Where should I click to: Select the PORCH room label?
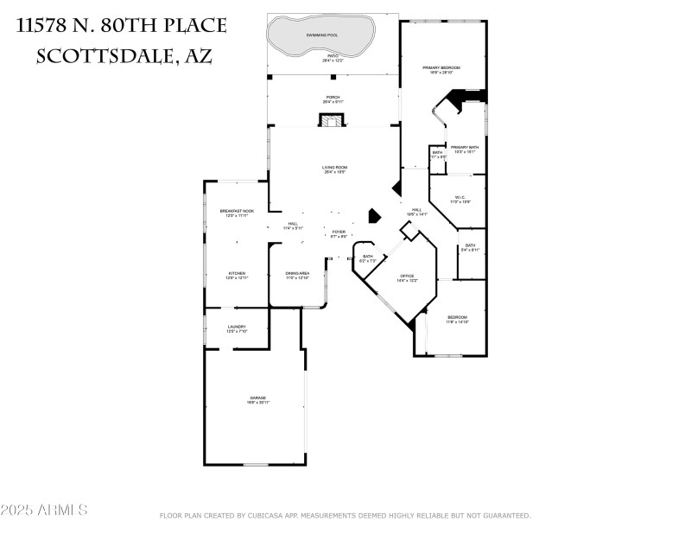[x=332, y=98]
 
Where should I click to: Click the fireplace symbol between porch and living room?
[x=332, y=121]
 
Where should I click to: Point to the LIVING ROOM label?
[x=334, y=168]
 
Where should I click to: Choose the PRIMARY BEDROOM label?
[x=441, y=68]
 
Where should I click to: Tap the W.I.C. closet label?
[x=460, y=198]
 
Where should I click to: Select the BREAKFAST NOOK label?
[x=237, y=212]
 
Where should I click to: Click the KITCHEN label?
[x=237, y=274]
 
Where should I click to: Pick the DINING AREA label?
[x=297, y=274]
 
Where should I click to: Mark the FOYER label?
[x=339, y=232]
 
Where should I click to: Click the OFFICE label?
[x=407, y=277]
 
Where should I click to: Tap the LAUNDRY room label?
[x=237, y=327]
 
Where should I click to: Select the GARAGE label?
[x=257, y=398]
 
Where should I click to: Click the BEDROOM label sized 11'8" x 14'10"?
[x=457, y=318]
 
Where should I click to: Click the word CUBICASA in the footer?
[x=274, y=516]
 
